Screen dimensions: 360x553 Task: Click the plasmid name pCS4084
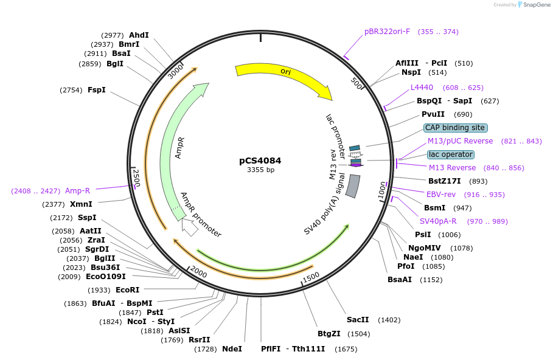260,161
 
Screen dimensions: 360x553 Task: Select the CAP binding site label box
455,128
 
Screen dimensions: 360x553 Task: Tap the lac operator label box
450,154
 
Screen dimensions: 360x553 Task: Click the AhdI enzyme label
139,35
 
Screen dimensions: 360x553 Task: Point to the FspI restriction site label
96,90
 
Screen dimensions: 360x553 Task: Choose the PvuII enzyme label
433,114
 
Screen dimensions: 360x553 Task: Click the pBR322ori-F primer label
388,32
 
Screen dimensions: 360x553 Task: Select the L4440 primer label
422,88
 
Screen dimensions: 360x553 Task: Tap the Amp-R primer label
77,191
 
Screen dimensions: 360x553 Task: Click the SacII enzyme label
358,320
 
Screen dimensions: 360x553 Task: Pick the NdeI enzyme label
232,349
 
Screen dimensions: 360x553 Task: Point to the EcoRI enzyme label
127,290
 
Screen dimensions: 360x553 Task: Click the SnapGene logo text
536,5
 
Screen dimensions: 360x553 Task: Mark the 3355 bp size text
260,170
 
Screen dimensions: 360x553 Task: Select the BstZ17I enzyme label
444,181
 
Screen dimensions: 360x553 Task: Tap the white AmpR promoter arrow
189,227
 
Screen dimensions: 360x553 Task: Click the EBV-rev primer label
440,195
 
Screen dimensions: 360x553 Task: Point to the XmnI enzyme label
81,204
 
